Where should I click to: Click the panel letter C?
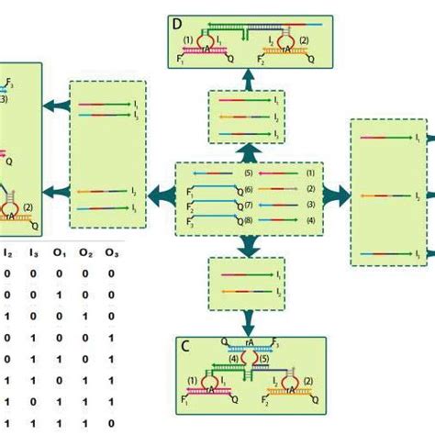pyautogui.click(x=185, y=346)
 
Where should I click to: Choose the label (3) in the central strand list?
pyautogui.click(x=311, y=205)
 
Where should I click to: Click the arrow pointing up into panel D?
pyautogui.click(x=248, y=82)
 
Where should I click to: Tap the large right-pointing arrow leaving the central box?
pyautogui.click(x=337, y=194)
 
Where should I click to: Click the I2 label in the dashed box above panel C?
pyautogui.click(x=278, y=291)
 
